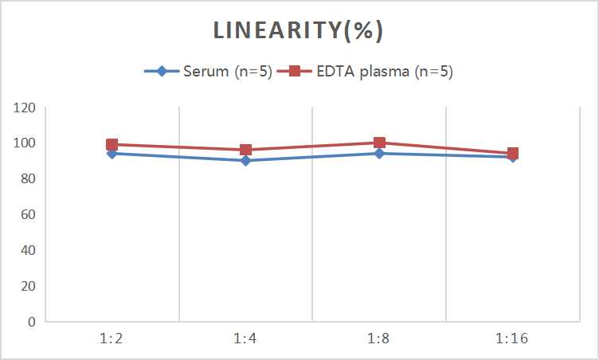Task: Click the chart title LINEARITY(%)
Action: (299, 30)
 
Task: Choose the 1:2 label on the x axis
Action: (112, 339)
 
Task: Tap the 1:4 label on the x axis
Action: (245, 339)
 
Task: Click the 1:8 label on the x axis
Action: (379, 339)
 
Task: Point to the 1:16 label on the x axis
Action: (512, 339)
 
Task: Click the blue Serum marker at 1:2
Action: (112, 154)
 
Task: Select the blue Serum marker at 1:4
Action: (245, 161)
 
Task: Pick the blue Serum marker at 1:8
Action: (379, 154)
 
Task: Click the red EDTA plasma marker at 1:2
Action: (112, 145)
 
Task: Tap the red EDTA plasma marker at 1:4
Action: (245, 150)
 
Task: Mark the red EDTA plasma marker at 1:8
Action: (379, 143)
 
